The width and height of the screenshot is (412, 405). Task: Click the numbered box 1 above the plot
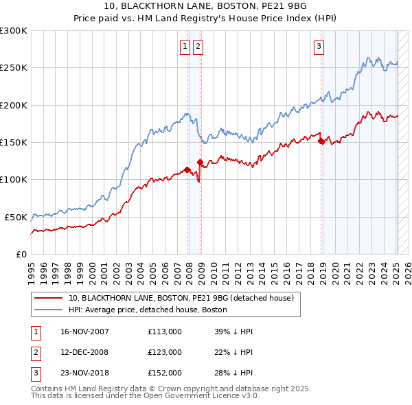tap(185, 47)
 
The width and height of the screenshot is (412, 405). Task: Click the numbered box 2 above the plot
tap(198, 47)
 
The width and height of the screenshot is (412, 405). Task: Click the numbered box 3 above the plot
tap(319, 47)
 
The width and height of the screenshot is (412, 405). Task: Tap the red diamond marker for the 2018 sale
tap(321, 141)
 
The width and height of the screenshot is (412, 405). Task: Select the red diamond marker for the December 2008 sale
tap(200, 163)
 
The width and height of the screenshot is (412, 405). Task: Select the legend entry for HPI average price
tap(148, 310)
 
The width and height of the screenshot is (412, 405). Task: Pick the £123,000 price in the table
tap(165, 352)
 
